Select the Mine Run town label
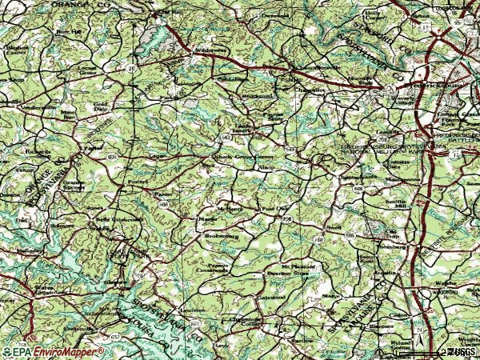(67, 115)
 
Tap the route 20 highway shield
(130, 70)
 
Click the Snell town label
(333, 226)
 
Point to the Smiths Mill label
(395, 203)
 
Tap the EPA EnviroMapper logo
(52, 350)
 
